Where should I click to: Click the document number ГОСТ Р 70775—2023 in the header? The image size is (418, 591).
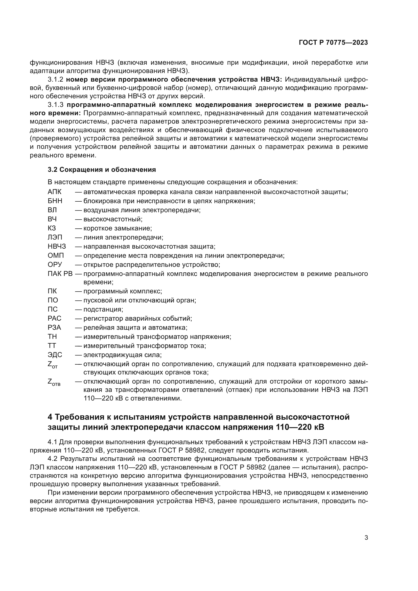(x=333, y=43)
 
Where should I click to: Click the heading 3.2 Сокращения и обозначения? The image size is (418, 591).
(x=102, y=170)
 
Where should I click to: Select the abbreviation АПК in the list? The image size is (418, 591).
(x=55, y=192)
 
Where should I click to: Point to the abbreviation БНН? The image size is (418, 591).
(x=55, y=201)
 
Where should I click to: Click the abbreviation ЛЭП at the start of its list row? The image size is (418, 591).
(x=55, y=237)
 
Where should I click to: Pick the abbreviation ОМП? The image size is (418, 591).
(x=56, y=256)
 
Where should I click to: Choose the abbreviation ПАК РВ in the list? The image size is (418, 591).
(x=60, y=274)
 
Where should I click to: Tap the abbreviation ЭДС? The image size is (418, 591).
(x=55, y=355)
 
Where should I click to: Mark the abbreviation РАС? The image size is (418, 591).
(x=55, y=319)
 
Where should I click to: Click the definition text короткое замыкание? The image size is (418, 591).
(x=118, y=228)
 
